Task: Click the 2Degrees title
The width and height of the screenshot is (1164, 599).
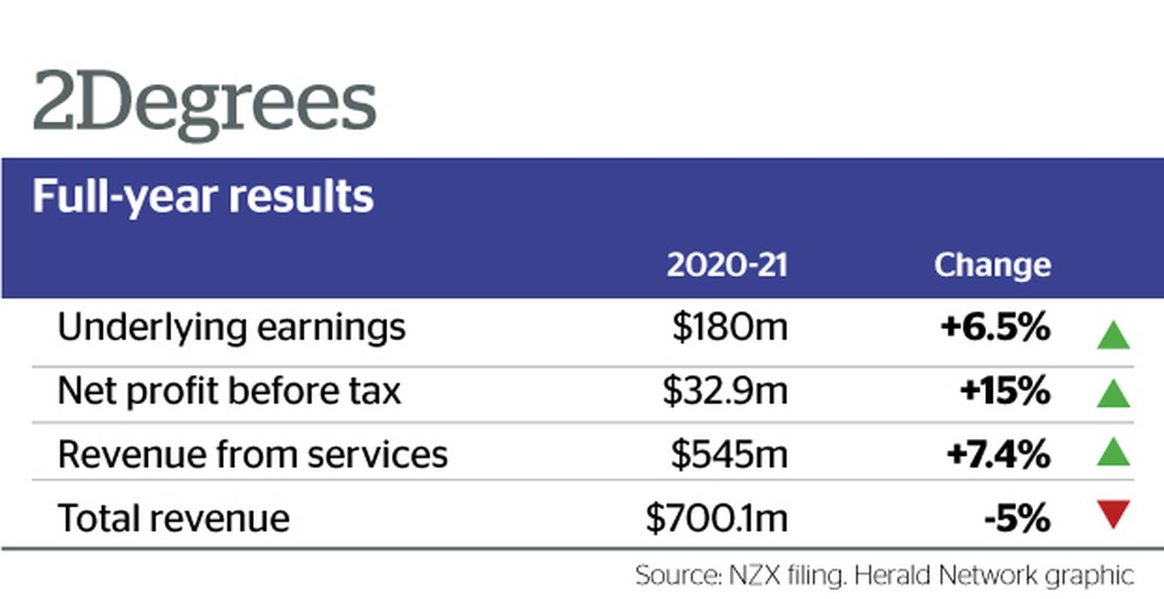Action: (205, 104)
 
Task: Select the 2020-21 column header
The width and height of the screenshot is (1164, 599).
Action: (727, 265)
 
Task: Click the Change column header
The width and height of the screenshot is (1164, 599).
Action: (993, 266)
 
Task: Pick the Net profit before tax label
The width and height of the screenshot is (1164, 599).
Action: (230, 390)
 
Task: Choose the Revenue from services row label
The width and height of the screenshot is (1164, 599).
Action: (252, 454)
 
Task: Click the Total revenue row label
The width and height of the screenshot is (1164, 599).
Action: (174, 518)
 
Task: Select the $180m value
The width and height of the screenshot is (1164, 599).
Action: (730, 327)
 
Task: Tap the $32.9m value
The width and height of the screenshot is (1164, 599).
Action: (725, 390)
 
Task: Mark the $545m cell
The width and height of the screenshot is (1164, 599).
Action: (729, 454)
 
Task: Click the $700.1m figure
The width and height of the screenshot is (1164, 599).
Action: (716, 518)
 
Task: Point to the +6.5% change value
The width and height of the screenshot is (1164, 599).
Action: (995, 327)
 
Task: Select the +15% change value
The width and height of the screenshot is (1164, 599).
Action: (1005, 390)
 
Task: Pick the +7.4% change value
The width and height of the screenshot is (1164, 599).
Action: (998, 454)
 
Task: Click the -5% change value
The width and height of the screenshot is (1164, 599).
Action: (1017, 518)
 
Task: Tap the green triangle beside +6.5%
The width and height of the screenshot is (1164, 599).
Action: (1113, 336)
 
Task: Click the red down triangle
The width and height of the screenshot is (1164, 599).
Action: (1113, 513)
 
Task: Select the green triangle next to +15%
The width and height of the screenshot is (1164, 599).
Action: (1113, 394)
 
